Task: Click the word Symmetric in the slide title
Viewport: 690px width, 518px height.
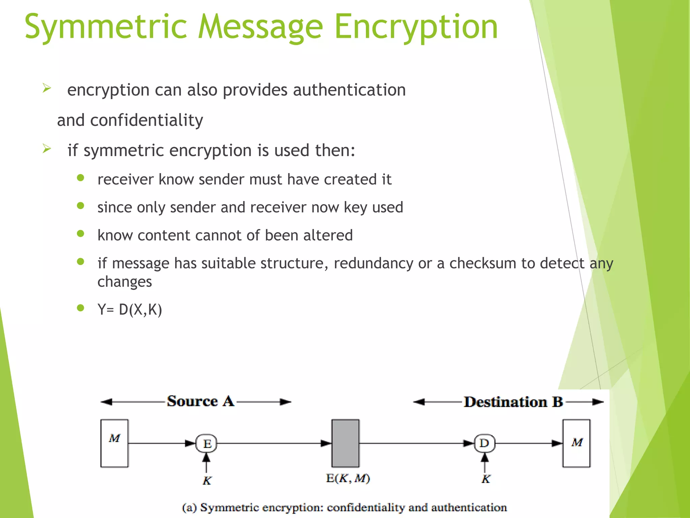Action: pyautogui.click(x=105, y=27)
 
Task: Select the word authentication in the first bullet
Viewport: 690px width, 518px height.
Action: pyautogui.click(x=349, y=90)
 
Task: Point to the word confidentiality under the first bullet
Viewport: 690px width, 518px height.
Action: pyautogui.click(x=147, y=120)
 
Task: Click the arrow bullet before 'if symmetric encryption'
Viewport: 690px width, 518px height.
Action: pyautogui.click(x=47, y=148)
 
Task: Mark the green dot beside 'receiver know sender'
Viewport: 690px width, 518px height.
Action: pyautogui.click(x=80, y=178)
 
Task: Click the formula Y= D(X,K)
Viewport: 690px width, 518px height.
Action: pyautogui.click(x=130, y=309)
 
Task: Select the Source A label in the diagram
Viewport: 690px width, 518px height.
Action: pyautogui.click(x=200, y=401)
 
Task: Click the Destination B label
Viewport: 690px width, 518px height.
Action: pyautogui.click(x=513, y=402)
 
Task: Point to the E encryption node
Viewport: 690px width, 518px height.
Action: pyautogui.click(x=207, y=443)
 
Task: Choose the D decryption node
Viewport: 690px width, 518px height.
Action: pyautogui.click(x=484, y=443)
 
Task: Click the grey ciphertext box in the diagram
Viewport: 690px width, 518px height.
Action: pyautogui.click(x=345, y=443)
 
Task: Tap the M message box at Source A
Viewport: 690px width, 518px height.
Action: pyautogui.click(x=114, y=443)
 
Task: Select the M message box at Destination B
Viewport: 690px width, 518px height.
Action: pyautogui.click(x=576, y=443)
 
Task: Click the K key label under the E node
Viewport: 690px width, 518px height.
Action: pyautogui.click(x=207, y=480)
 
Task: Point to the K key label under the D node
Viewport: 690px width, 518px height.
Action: pyautogui.click(x=485, y=479)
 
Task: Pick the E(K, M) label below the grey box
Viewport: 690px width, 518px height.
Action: pyautogui.click(x=348, y=478)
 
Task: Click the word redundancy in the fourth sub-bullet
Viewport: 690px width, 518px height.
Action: pyautogui.click(x=373, y=263)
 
